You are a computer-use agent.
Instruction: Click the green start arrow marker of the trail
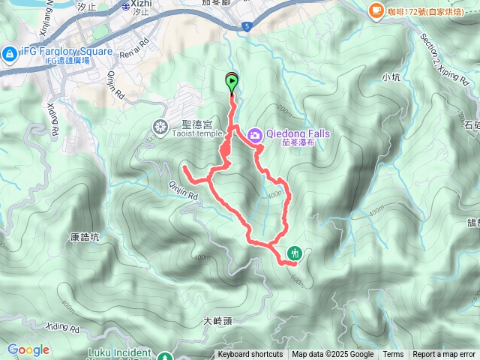(232, 81)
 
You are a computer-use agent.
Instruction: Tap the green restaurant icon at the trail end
(294, 253)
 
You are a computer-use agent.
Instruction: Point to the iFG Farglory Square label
(67, 52)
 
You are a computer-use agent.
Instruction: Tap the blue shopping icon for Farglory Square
(8, 53)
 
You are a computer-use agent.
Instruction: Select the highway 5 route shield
(247, 27)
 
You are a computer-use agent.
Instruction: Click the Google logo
(28, 350)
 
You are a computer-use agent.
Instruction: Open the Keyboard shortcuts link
(250, 355)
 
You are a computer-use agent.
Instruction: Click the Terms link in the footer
(393, 355)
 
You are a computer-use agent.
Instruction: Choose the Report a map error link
(445, 355)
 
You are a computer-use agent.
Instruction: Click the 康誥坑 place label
(85, 236)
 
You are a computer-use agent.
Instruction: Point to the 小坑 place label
(391, 76)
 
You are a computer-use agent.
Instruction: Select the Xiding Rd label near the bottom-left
(62, 328)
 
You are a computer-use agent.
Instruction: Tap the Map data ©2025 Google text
(333, 355)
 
